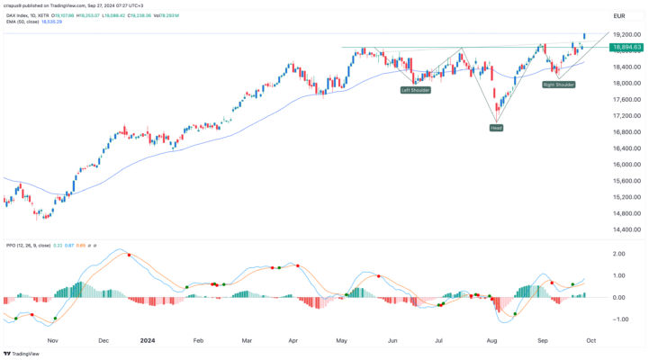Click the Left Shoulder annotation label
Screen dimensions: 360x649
click(415, 90)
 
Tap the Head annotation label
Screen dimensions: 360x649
click(496, 128)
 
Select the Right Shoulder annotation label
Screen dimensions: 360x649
click(558, 85)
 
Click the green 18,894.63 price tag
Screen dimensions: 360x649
click(625, 47)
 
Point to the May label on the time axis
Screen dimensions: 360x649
click(341, 342)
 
